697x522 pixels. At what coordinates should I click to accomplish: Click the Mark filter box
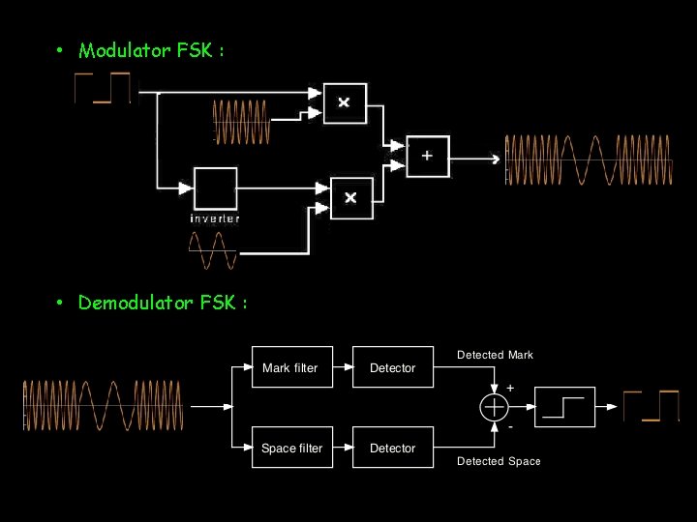291,367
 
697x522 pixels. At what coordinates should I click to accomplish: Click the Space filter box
291,448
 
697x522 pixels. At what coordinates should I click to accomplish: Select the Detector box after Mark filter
392,367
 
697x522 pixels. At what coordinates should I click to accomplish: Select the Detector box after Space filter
392,448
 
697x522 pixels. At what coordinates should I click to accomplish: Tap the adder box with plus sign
428,156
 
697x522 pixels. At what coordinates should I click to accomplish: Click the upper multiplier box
345,102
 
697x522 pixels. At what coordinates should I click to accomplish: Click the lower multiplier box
350,197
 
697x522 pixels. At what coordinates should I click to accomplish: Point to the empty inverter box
215,188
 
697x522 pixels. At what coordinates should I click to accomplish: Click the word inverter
215,218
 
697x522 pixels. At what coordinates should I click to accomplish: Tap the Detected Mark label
495,355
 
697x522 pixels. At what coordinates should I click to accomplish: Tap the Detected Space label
498,461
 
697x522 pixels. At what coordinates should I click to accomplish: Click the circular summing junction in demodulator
494,407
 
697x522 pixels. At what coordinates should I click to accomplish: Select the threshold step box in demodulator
565,407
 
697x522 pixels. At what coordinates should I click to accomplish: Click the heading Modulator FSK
151,50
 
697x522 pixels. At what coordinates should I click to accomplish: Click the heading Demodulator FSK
163,304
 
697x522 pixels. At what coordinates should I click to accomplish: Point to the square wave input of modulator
103,88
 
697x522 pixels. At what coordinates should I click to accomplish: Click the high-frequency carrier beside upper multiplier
241,122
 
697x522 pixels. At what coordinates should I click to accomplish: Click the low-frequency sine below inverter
212,252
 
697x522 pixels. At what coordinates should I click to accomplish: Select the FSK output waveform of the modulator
589,159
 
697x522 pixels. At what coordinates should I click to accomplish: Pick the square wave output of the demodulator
651,406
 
